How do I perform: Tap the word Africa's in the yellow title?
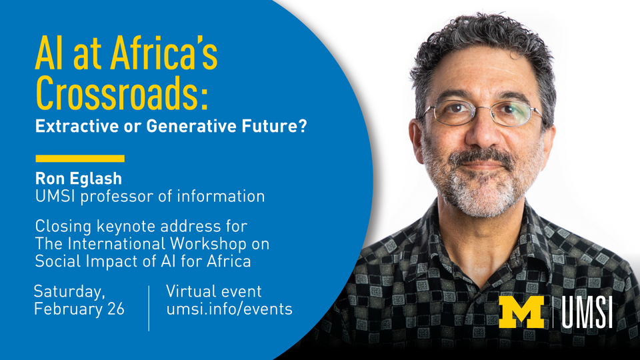pos(164,53)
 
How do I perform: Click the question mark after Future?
pos(302,126)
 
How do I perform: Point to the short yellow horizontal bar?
pos(80,159)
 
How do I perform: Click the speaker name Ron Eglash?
pos(79,179)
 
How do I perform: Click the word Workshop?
pos(208,244)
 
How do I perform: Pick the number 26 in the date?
pos(116,309)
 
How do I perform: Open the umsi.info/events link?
pos(229,309)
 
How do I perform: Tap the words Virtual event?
pos(213,291)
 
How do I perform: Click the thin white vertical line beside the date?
pos(149,308)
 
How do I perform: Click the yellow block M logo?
pos(521,312)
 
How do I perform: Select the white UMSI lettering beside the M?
pos(587,312)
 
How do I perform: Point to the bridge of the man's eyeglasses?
pos(481,109)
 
